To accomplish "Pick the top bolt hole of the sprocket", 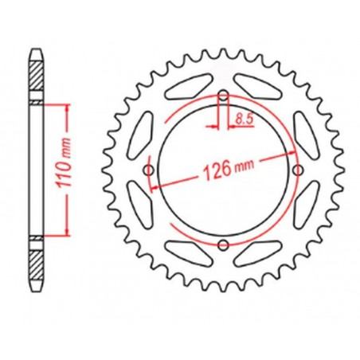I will coord(223,97).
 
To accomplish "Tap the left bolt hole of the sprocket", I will coord(150,170).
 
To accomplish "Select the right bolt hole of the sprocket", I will coord(296,170).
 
